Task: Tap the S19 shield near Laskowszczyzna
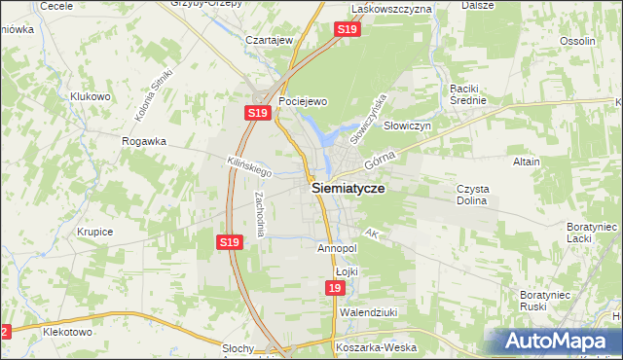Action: click(349, 31)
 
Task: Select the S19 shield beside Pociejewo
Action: click(256, 114)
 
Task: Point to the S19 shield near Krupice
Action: click(229, 242)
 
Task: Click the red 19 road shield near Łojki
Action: click(335, 289)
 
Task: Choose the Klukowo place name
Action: click(91, 97)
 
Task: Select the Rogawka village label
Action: click(144, 141)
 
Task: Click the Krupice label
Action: click(95, 233)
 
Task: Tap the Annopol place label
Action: click(338, 248)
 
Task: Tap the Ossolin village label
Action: click(577, 41)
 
